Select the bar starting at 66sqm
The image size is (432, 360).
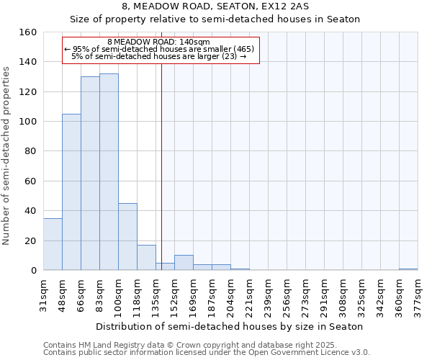pos(90,173)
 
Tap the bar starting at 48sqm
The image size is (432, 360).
pos(71,192)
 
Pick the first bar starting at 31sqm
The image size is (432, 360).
pos(53,244)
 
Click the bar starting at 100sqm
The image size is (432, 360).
pos(127,237)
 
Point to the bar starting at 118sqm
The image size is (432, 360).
pos(146,258)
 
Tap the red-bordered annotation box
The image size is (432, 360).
pos(160,50)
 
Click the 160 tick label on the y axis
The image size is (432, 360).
pos(28,32)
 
